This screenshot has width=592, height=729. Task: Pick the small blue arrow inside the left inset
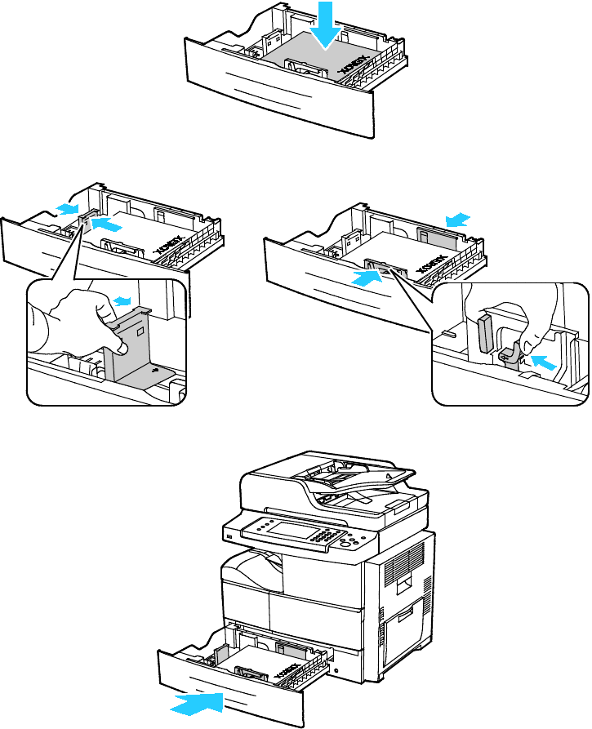[x=122, y=301]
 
